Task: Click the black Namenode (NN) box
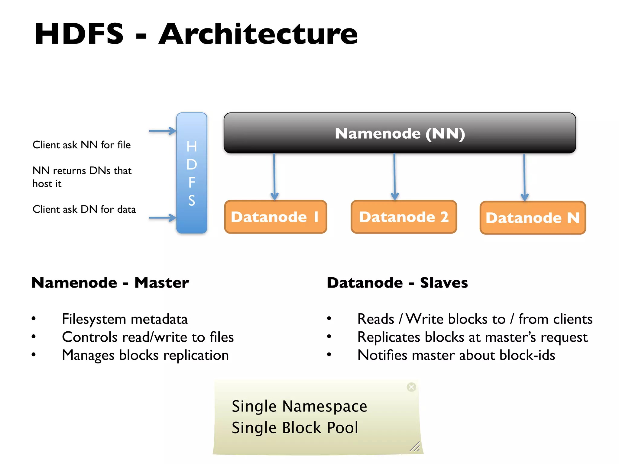point(400,133)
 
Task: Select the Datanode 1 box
point(275,217)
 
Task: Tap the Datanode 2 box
point(403,217)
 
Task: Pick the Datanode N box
point(533,218)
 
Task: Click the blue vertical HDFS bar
point(192,173)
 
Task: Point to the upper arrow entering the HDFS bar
point(163,131)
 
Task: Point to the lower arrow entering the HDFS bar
point(163,217)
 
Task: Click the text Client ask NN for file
point(82,145)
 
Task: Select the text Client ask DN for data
point(84,209)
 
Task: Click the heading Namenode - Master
point(110,283)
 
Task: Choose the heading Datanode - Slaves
point(397,283)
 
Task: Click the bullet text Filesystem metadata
point(125,319)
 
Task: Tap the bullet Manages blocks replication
point(145,355)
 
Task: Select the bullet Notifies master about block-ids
point(456,355)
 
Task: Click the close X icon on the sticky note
point(411,387)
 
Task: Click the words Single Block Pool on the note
point(295,428)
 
